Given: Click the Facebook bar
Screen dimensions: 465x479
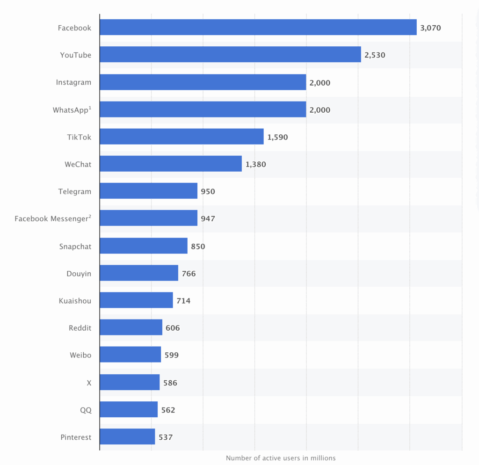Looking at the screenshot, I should (x=258, y=28).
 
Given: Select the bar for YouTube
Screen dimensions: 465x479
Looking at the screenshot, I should (x=230, y=55).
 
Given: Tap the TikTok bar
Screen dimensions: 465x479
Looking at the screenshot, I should (x=181, y=137).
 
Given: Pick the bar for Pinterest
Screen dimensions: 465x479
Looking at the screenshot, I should (x=127, y=437).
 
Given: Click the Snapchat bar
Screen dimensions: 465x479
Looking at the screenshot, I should (x=144, y=246).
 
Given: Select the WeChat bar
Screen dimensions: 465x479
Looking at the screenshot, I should (x=171, y=164).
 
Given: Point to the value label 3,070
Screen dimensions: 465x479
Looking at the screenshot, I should (x=430, y=28).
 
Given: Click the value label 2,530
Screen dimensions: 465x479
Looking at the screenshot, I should (x=375, y=55).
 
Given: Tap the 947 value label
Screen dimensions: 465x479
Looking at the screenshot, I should (x=208, y=218).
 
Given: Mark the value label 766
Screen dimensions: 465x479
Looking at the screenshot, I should (x=189, y=273).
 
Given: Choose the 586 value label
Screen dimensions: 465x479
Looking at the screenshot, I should (x=170, y=383).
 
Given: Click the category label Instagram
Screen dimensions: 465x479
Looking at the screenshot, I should (x=73, y=82).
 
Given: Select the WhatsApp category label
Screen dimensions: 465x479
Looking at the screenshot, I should (x=72, y=110).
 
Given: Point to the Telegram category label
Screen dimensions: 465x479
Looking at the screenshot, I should (x=75, y=191).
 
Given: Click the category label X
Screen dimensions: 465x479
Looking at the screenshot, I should (x=89, y=383).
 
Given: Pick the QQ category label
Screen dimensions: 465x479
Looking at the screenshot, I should (x=86, y=410).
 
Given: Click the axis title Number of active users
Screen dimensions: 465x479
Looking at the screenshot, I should (x=281, y=458).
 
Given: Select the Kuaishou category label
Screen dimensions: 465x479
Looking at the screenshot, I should (x=75, y=301).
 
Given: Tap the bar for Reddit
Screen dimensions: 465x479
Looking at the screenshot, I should (x=131, y=328).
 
